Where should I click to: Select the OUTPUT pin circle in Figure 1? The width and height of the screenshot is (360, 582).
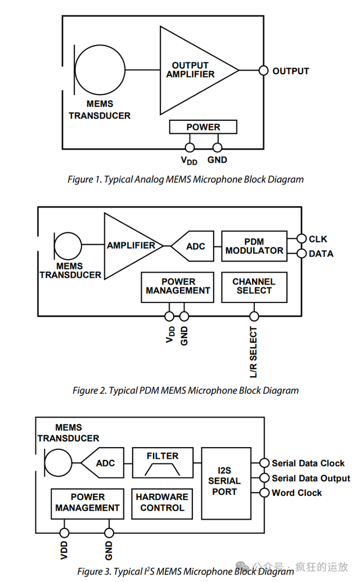tap(263, 70)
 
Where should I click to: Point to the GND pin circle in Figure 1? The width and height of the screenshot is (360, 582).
tap(218, 148)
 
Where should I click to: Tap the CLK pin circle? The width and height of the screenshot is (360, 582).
tap(301, 238)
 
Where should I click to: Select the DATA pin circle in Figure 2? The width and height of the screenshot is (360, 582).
tap(301, 254)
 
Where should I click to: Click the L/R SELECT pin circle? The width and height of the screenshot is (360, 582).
tap(254, 316)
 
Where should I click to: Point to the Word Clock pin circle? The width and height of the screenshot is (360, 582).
tap(264, 493)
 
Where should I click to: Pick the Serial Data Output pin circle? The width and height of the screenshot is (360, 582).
tap(264, 478)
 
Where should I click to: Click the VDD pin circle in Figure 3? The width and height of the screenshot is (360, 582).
tap(64, 533)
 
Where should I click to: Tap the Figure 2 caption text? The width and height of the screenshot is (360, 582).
tap(186, 390)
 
